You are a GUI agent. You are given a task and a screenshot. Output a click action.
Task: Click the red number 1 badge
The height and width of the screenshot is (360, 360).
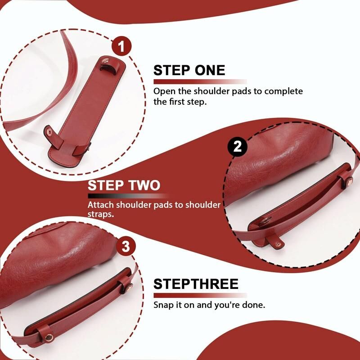[121, 46]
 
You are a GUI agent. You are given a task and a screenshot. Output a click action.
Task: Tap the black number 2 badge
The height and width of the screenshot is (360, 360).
[238, 147]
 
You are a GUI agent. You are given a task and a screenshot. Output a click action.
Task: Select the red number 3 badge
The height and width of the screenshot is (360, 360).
[126, 247]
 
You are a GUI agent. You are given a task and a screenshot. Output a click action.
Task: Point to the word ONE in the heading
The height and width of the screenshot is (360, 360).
[210, 70]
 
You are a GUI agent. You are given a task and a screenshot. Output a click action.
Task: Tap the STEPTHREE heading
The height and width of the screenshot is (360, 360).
[196, 284]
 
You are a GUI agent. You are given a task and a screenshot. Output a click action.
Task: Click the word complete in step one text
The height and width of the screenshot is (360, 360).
[283, 91]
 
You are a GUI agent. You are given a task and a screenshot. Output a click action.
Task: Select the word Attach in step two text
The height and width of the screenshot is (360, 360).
[100, 205]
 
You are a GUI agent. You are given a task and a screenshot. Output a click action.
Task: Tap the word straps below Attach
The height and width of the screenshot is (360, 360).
[101, 214]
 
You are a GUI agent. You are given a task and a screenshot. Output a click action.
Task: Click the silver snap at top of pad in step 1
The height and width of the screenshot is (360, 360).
[105, 61]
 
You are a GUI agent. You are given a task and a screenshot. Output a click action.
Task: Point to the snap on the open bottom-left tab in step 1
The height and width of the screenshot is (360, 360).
[49, 131]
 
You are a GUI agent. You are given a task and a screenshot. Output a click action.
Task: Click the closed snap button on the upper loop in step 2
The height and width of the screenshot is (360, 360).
[349, 180]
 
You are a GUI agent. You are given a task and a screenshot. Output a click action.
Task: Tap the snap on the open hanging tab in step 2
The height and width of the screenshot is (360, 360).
[278, 244]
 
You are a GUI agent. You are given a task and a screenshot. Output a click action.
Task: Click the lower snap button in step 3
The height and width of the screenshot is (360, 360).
[49, 337]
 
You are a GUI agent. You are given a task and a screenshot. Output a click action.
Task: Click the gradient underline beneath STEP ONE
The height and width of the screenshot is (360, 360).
[200, 81]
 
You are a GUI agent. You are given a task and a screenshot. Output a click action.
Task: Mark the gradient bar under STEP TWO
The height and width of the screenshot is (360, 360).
[129, 196]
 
